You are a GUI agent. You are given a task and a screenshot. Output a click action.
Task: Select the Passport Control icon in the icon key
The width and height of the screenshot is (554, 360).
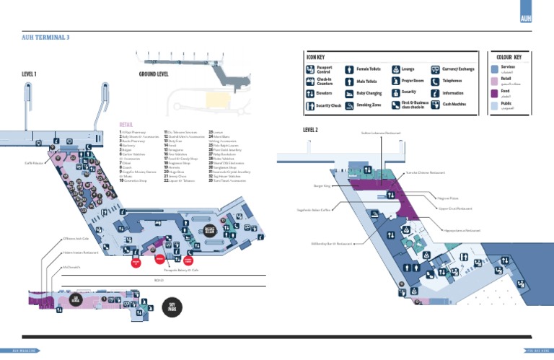[x=311, y=70]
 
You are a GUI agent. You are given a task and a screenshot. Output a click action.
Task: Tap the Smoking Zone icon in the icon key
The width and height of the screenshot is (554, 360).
[x=351, y=105]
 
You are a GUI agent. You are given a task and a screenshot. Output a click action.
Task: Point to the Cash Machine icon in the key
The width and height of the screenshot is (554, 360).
[x=435, y=105]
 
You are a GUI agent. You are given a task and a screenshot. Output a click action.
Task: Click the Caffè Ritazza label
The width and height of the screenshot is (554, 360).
[x=34, y=163]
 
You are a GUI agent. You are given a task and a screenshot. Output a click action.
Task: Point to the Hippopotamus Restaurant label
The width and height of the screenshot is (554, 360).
[x=463, y=231]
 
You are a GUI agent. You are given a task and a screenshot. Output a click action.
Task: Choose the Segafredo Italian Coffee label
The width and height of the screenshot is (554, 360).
[x=313, y=211]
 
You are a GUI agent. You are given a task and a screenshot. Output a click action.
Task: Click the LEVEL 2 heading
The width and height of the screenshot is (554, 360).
[x=311, y=129]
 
